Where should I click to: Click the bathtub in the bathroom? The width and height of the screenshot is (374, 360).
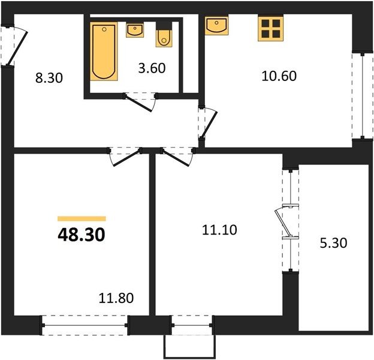coord(104,52)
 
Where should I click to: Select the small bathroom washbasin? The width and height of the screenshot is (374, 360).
coord(135,30)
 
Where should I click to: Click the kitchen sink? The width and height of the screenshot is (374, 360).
coord(216,25)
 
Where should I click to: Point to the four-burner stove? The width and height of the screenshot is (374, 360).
coord(271,28)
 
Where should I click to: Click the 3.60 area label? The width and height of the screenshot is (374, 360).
coord(152,68)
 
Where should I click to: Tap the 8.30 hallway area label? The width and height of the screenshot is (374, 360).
coord(49,78)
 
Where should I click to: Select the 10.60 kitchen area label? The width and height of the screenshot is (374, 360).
coord(279,76)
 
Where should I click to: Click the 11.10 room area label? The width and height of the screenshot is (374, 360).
coord(219,230)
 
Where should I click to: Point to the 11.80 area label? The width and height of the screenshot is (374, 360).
coord(116,298)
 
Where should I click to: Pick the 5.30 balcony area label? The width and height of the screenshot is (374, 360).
coord(333,243)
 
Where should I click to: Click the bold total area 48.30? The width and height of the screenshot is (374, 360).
coord(82,235)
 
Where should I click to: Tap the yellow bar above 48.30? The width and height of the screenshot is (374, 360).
coord(82,218)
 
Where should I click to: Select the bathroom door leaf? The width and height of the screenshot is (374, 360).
coord(138,103)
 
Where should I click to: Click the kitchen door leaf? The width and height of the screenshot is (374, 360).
coord(209,125)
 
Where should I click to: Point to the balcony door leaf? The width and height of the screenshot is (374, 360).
coord(283,223)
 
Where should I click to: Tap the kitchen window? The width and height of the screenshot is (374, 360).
coord(363,96)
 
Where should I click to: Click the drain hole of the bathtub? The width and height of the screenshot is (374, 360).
coord(104,29)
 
